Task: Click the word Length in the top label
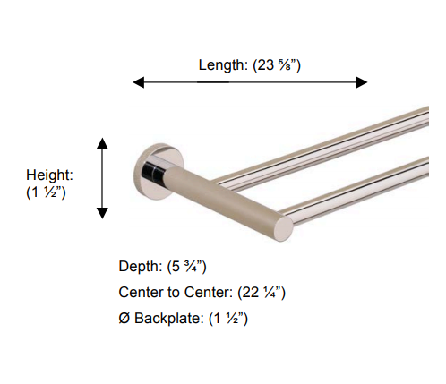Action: (x=219, y=64)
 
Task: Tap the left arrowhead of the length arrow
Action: (x=139, y=82)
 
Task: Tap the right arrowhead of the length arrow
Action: (x=361, y=82)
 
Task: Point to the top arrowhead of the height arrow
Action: (x=103, y=143)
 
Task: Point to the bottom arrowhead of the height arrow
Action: (x=103, y=212)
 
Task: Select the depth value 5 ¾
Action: (x=189, y=267)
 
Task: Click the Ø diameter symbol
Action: (x=124, y=318)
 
